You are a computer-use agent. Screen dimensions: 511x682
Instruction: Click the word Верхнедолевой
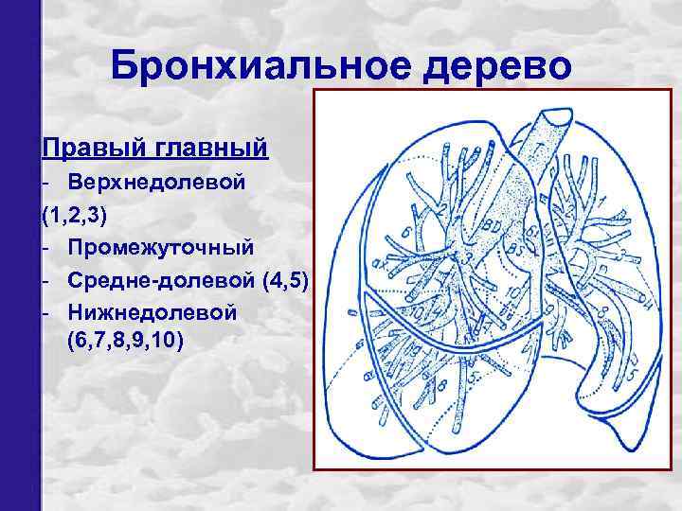click(x=158, y=182)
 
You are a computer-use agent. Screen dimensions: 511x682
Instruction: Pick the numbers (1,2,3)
click(x=75, y=215)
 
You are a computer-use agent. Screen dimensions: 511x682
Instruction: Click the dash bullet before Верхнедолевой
click(x=45, y=182)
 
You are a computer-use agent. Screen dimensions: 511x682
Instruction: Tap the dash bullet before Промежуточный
click(x=45, y=247)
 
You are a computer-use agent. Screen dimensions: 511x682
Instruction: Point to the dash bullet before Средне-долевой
click(x=45, y=279)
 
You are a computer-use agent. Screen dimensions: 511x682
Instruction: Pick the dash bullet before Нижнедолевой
click(x=45, y=311)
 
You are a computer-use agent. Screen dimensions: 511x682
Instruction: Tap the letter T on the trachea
click(x=536, y=150)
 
